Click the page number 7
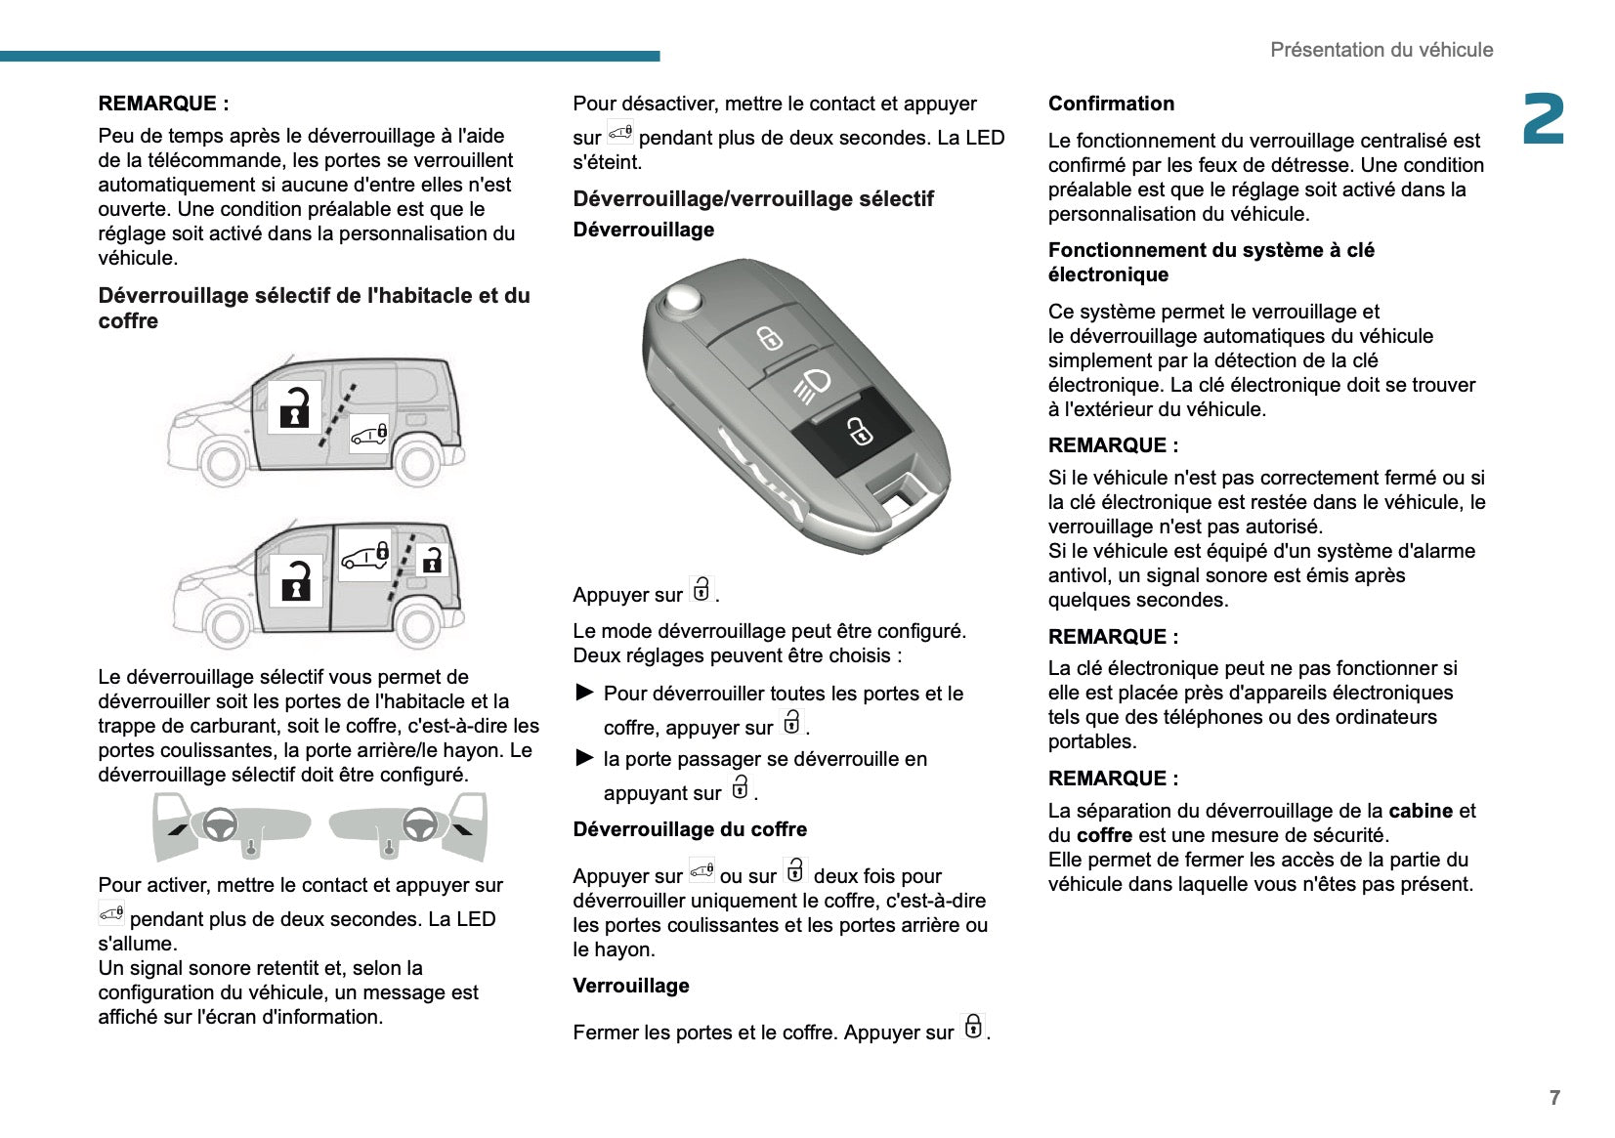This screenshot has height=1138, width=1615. click(1554, 1098)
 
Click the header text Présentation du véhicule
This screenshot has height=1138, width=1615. click(1381, 50)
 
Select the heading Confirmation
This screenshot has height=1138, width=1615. click(1111, 104)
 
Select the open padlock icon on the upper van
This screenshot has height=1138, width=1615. click(294, 406)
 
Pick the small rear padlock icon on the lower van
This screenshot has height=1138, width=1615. click(431, 560)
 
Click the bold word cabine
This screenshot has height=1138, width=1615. click(1420, 811)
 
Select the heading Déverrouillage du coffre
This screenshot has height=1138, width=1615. click(690, 829)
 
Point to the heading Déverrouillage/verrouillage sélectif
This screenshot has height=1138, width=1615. click(753, 199)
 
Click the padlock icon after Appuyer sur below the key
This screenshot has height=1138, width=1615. click(701, 591)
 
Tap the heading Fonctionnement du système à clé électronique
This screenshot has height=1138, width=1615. click(1211, 262)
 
